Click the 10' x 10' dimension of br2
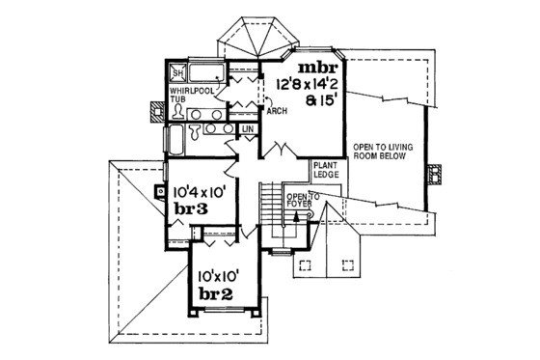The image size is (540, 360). coord(220,274)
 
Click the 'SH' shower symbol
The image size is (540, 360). coord(177,74)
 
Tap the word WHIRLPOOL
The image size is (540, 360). coord(189,90)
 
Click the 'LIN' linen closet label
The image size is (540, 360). coord(247,128)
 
